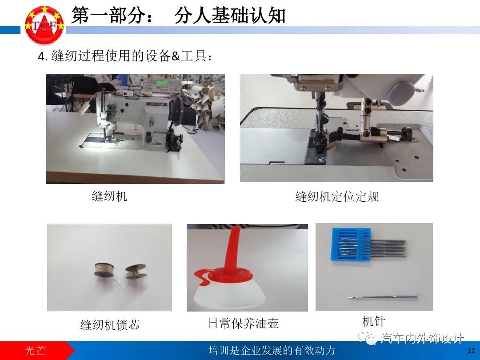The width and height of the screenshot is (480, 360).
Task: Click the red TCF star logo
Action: tap(44, 24)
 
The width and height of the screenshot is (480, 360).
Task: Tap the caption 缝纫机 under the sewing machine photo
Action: tap(109, 196)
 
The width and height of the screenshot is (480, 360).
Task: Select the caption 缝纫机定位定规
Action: tap(337, 196)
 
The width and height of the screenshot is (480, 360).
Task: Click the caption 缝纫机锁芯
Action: tap(110, 324)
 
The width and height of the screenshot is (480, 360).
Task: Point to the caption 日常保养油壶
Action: tap(244, 323)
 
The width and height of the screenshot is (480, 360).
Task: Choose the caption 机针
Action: tap(373, 321)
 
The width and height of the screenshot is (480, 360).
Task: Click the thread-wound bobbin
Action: tap(104, 271)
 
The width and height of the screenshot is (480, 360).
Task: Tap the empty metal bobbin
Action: tap(136, 272)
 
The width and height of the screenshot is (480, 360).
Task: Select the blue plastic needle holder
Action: tap(351, 244)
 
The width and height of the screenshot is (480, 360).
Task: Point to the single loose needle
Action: tap(383, 297)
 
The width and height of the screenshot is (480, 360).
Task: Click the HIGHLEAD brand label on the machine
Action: tap(157, 104)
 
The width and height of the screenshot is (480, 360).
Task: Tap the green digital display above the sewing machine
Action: tap(163, 83)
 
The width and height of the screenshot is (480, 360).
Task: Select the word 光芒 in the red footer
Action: tap(35, 350)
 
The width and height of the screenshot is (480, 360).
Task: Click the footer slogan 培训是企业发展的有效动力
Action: tap(272, 350)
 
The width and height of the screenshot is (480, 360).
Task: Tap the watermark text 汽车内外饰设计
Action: tap(423, 338)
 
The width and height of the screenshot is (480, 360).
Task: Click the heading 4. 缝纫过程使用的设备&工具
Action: tap(125, 56)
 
